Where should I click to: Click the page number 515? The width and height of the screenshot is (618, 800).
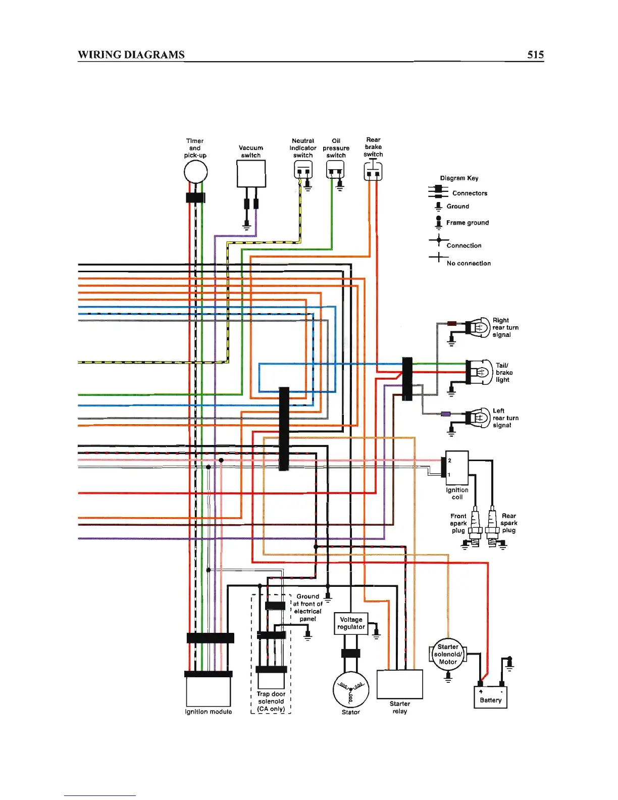coord(535,55)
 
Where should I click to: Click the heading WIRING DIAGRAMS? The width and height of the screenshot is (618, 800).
coord(131,55)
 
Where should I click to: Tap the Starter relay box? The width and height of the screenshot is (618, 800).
coord(399,684)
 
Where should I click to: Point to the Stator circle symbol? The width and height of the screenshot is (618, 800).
coord(351,689)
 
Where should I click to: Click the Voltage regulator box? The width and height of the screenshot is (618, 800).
coord(351,623)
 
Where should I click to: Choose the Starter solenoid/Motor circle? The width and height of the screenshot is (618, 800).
coord(447,654)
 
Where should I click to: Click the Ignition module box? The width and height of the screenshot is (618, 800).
coord(209,691)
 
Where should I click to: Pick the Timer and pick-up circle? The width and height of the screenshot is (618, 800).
coord(195,172)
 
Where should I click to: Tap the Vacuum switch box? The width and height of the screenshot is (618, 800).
coord(251,173)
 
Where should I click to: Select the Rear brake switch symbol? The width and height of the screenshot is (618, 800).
coord(373,171)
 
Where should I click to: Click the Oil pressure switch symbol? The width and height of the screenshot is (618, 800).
coord(335,170)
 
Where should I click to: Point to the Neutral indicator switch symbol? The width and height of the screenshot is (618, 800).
coord(303,170)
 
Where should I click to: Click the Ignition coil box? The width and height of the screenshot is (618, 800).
coord(457,468)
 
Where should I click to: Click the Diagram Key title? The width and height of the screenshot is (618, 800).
coord(459,178)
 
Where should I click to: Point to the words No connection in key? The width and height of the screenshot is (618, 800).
coord(469,263)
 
